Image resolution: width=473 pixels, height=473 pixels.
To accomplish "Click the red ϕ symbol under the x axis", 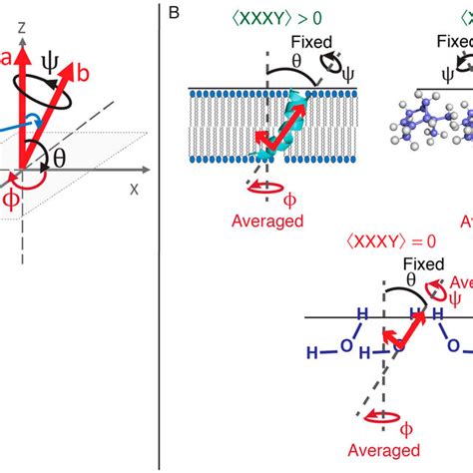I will pos(12,200).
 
